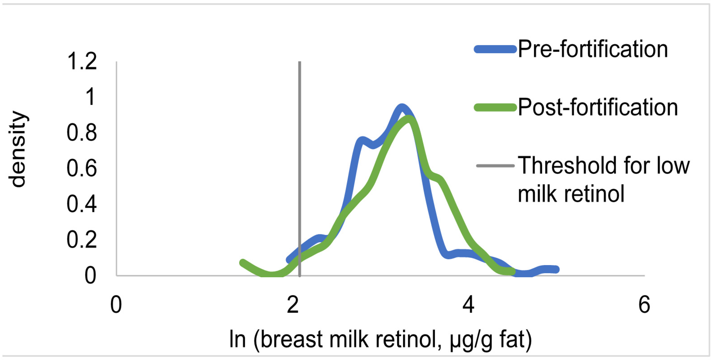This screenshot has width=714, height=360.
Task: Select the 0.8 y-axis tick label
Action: point(82,133)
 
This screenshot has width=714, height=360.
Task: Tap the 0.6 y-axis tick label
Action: point(82,169)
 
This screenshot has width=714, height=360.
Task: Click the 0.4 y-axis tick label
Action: point(82,204)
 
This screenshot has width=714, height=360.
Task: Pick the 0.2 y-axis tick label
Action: point(82,240)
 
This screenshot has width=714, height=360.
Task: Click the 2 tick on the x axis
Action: point(292,305)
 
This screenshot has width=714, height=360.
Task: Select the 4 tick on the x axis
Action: point(468,305)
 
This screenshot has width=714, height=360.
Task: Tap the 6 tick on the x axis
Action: point(644,305)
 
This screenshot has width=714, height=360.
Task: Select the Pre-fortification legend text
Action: point(593,49)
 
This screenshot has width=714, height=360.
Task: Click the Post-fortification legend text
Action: point(598,107)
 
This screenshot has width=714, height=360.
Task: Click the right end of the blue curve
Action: point(556,269)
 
